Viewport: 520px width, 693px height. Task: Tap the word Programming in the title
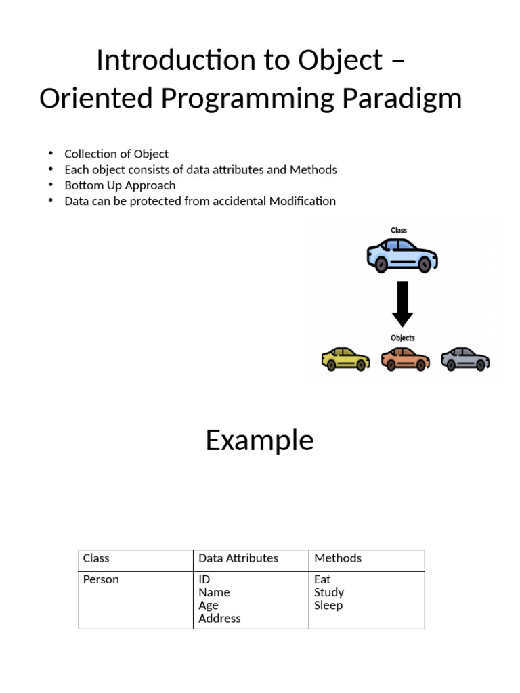point(248,99)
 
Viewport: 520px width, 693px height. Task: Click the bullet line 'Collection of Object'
point(116,154)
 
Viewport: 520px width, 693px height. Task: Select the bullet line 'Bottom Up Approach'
point(120,185)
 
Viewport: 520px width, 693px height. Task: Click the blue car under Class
point(402,254)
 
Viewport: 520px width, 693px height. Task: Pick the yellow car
point(345,359)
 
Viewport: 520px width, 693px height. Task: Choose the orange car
point(405,359)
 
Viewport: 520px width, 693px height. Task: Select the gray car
point(465,359)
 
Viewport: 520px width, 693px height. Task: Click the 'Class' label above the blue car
point(399,231)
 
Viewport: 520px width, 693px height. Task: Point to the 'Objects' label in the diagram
point(403,338)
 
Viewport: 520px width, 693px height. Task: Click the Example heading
point(259,441)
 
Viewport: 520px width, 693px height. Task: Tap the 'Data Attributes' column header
point(238,558)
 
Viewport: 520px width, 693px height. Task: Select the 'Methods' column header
point(338,558)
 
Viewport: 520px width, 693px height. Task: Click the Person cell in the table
point(101,579)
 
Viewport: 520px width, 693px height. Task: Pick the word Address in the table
point(219,618)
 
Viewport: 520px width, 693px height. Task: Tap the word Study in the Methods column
point(329,592)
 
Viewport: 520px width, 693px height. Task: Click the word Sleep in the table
point(328,605)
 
